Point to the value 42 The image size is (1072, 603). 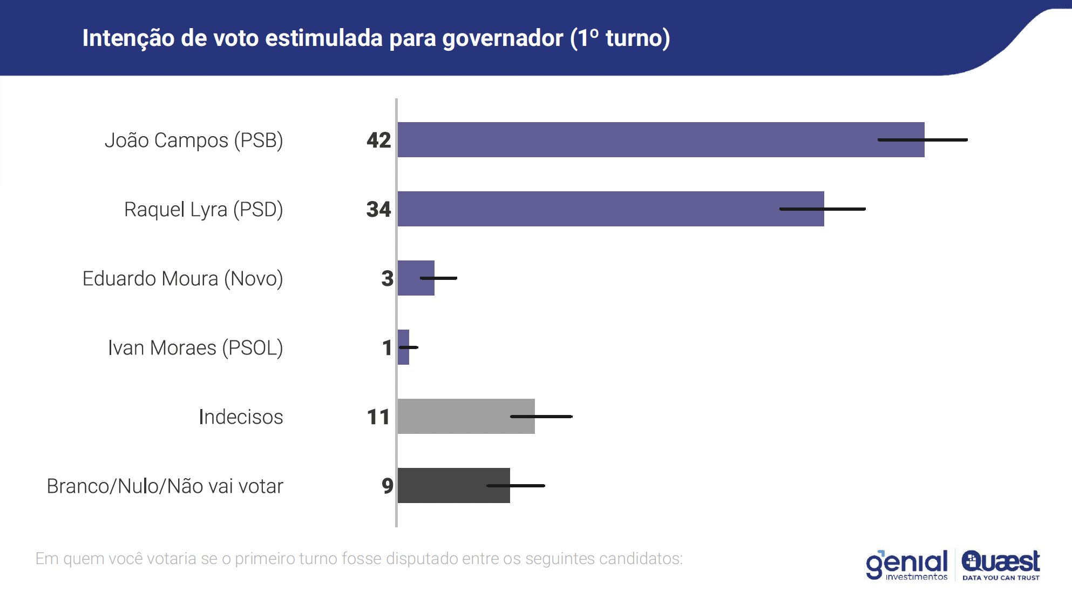click(378, 140)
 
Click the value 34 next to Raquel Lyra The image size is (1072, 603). click(378, 210)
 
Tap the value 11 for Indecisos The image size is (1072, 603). click(378, 417)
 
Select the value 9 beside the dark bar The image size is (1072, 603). click(387, 486)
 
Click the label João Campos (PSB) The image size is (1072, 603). click(194, 140)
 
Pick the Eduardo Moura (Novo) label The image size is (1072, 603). click(182, 279)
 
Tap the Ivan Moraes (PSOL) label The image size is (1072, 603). click(195, 348)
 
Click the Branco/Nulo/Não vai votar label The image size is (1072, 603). click(165, 486)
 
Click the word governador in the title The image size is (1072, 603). click(503, 38)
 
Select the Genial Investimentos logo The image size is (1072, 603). click(907, 565)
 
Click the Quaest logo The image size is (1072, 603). click(1001, 565)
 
